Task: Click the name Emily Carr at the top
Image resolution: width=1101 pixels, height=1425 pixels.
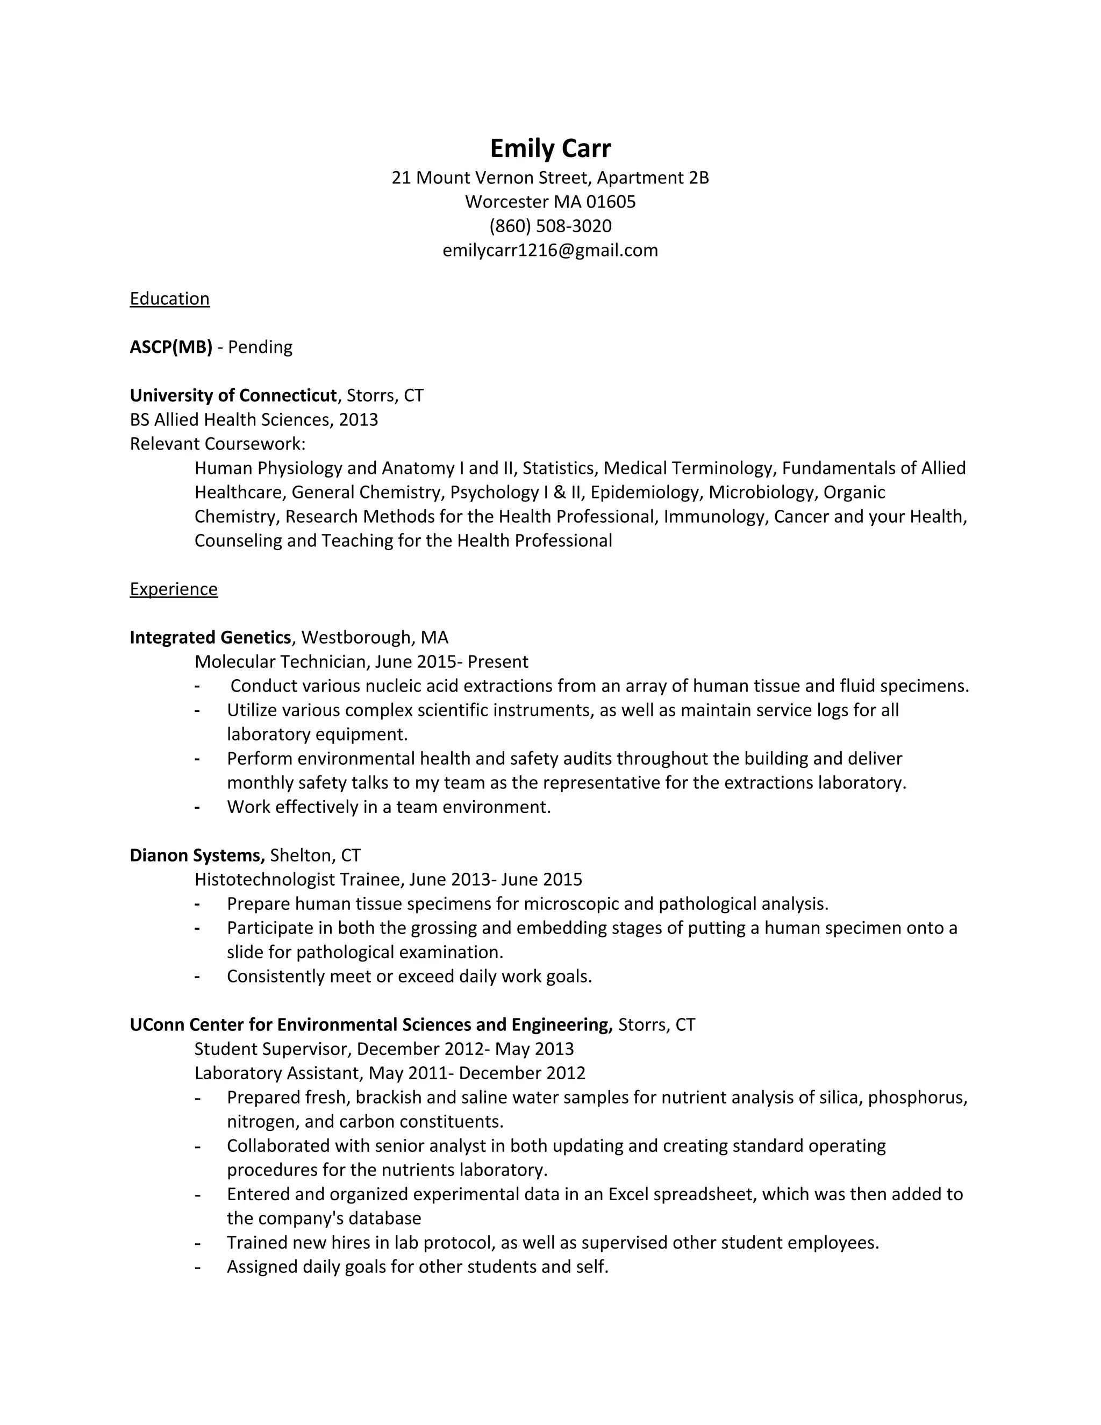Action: [x=550, y=149]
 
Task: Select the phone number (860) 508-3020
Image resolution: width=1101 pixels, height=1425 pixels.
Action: [x=550, y=226]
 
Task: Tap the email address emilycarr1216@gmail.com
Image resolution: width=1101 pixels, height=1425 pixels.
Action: [x=550, y=251]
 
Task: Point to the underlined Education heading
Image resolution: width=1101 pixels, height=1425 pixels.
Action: [x=169, y=299]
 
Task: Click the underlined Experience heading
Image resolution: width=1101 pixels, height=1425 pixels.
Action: [x=174, y=589]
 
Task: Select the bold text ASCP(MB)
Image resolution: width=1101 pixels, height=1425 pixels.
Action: [x=171, y=347]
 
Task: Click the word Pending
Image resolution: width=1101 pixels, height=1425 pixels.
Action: [x=260, y=347]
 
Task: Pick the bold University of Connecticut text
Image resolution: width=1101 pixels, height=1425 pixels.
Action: [x=233, y=395]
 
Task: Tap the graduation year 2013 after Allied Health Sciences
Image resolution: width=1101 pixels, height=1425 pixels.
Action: [x=358, y=419]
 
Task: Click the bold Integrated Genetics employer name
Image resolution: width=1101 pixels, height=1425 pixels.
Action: [x=210, y=637]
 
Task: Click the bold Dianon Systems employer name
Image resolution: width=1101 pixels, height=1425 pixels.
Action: [x=196, y=856]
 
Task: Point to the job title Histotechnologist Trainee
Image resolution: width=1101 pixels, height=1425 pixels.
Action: [x=299, y=880]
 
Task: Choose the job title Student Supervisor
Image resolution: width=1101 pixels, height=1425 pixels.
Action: [x=273, y=1049]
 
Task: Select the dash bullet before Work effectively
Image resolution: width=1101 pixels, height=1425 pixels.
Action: [x=197, y=808]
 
